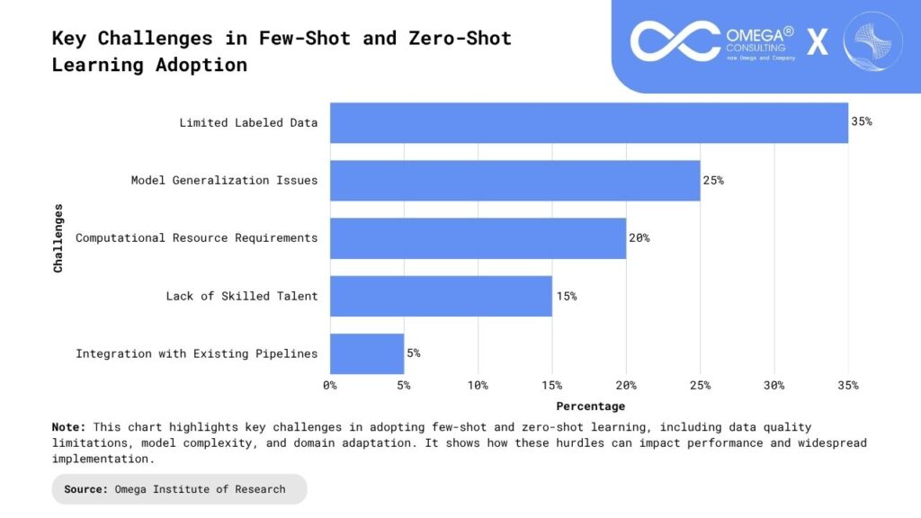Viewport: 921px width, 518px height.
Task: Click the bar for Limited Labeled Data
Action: point(589,122)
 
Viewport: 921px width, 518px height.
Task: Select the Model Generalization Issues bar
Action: point(514,180)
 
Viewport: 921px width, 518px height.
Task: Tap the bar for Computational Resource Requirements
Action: point(478,238)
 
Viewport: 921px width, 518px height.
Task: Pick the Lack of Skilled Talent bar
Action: point(441,296)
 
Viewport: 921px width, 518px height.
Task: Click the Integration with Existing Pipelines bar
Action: point(367,353)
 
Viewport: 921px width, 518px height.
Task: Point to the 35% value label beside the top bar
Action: point(862,121)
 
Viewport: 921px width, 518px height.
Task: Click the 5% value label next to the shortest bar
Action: point(413,353)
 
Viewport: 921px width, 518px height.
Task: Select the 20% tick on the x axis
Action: point(626,385)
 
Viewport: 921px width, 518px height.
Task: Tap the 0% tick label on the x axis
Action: point(330,385)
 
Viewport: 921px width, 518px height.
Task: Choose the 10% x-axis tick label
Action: point(478,385)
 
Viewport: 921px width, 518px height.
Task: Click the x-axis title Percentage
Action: point(590,406)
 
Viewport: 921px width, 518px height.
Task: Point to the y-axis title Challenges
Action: point(58,237)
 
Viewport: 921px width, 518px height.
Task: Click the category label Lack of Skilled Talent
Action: point(242,296)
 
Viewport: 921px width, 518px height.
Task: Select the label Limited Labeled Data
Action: point(248,122)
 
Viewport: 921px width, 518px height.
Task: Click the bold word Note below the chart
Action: point(68,426)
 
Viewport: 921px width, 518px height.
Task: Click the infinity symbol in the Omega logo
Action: point(675,41)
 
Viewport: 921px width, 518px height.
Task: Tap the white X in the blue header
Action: point(818,42)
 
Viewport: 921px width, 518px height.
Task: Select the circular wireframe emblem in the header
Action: point(872,41)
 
